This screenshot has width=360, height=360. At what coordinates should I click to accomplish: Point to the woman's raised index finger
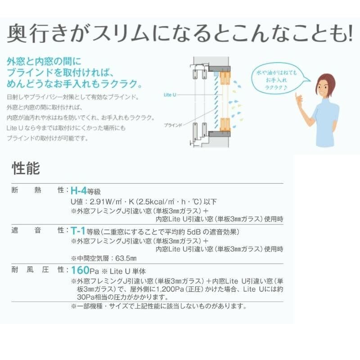click(x=296, y=96)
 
